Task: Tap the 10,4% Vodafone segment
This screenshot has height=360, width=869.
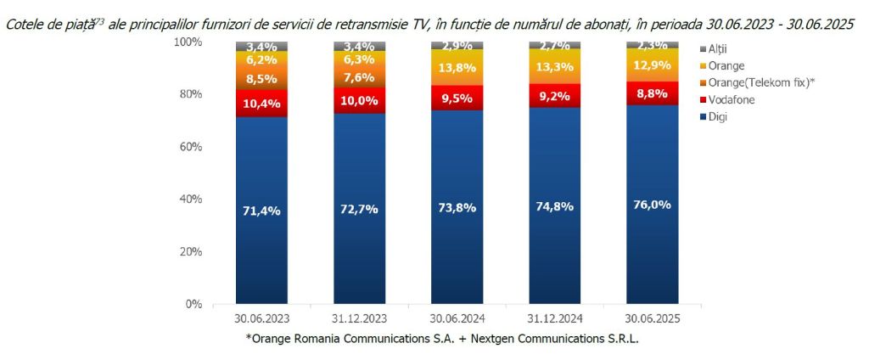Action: click(x=261, y=102)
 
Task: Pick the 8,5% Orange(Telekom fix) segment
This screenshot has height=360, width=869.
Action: click(x=261, y=79)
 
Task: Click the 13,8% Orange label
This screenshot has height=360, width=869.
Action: click(x=457, y=66)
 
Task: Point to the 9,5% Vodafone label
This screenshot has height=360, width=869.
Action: click(x=457, y=98)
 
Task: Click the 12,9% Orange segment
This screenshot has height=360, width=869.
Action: click(x=651, y=64)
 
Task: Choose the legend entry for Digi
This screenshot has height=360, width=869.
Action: click(x=708, y=116)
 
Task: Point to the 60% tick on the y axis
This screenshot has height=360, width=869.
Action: click(x=190, y=147)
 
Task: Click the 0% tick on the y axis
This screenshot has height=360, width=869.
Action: click(x=193, y=304)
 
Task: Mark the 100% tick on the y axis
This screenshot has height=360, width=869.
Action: click(x=188, y=42)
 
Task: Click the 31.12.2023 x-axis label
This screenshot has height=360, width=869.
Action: click(x=359, y=319)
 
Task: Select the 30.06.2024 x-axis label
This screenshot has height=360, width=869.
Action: click(x=457, y=319)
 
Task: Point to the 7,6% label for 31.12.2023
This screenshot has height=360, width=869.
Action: click(x=359, y=76)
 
